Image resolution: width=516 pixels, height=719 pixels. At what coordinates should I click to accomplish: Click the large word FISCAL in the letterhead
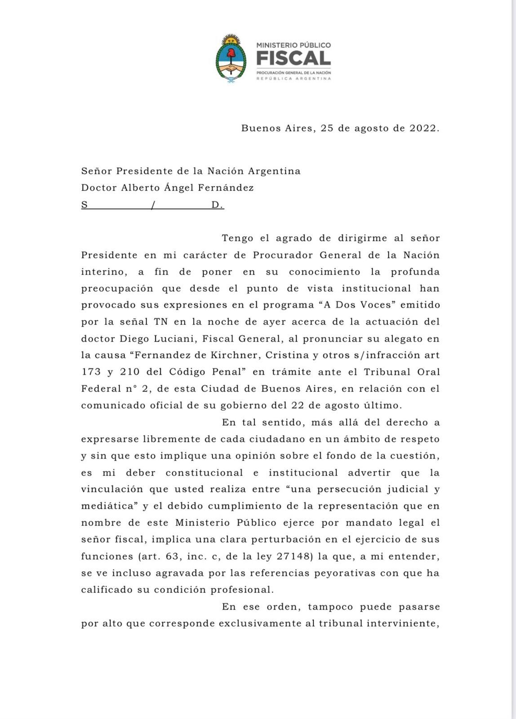(x=294, y=58)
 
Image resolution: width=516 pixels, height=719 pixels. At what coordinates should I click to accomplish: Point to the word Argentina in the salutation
(x=274, y=171)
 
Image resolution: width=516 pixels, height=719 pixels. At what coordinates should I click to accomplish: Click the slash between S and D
(x=153, y=205)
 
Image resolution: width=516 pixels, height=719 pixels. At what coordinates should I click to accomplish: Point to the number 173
(x=91, y=372)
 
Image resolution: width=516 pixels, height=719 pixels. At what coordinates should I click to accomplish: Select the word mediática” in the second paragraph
(x=109, y=506)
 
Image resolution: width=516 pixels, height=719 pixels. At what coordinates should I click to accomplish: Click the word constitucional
(x=205, y=473)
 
